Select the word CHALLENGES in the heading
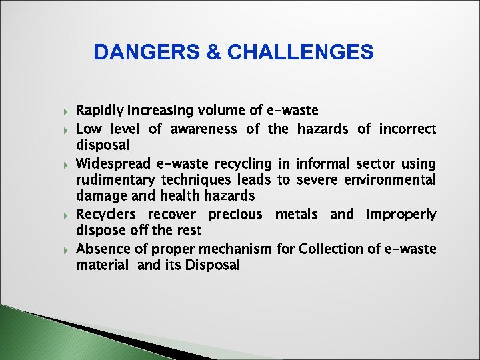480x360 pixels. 300,52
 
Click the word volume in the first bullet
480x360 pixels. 217,110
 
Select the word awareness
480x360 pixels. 203,128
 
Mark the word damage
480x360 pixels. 101,196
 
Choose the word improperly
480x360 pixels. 401,214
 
